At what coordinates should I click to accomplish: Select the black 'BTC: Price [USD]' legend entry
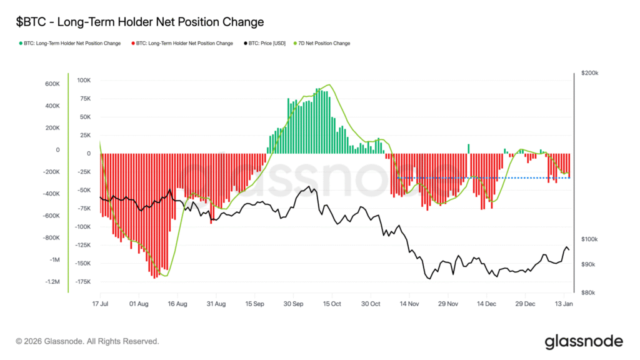(x=264, y=43)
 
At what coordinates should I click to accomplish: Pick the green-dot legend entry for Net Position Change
(x=71, y=43)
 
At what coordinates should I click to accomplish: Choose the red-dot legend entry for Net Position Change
(x=182, y=43)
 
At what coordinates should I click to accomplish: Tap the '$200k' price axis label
(x=589, y=73)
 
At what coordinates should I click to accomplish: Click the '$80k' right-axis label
(x=589, y=292)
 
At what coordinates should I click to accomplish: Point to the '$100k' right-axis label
(x=589, y=239)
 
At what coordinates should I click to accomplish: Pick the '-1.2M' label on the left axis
(x=52, y=282)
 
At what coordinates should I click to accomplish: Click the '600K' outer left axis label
(x=52, y=84)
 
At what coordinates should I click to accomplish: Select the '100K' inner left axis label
(x=83, y=81)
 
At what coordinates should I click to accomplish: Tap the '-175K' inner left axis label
(x=82, y=282)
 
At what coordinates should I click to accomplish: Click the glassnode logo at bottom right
(x=584, y=341)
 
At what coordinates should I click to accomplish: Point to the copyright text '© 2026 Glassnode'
(x=87, y=342)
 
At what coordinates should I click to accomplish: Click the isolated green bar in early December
(x=468, y=149)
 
